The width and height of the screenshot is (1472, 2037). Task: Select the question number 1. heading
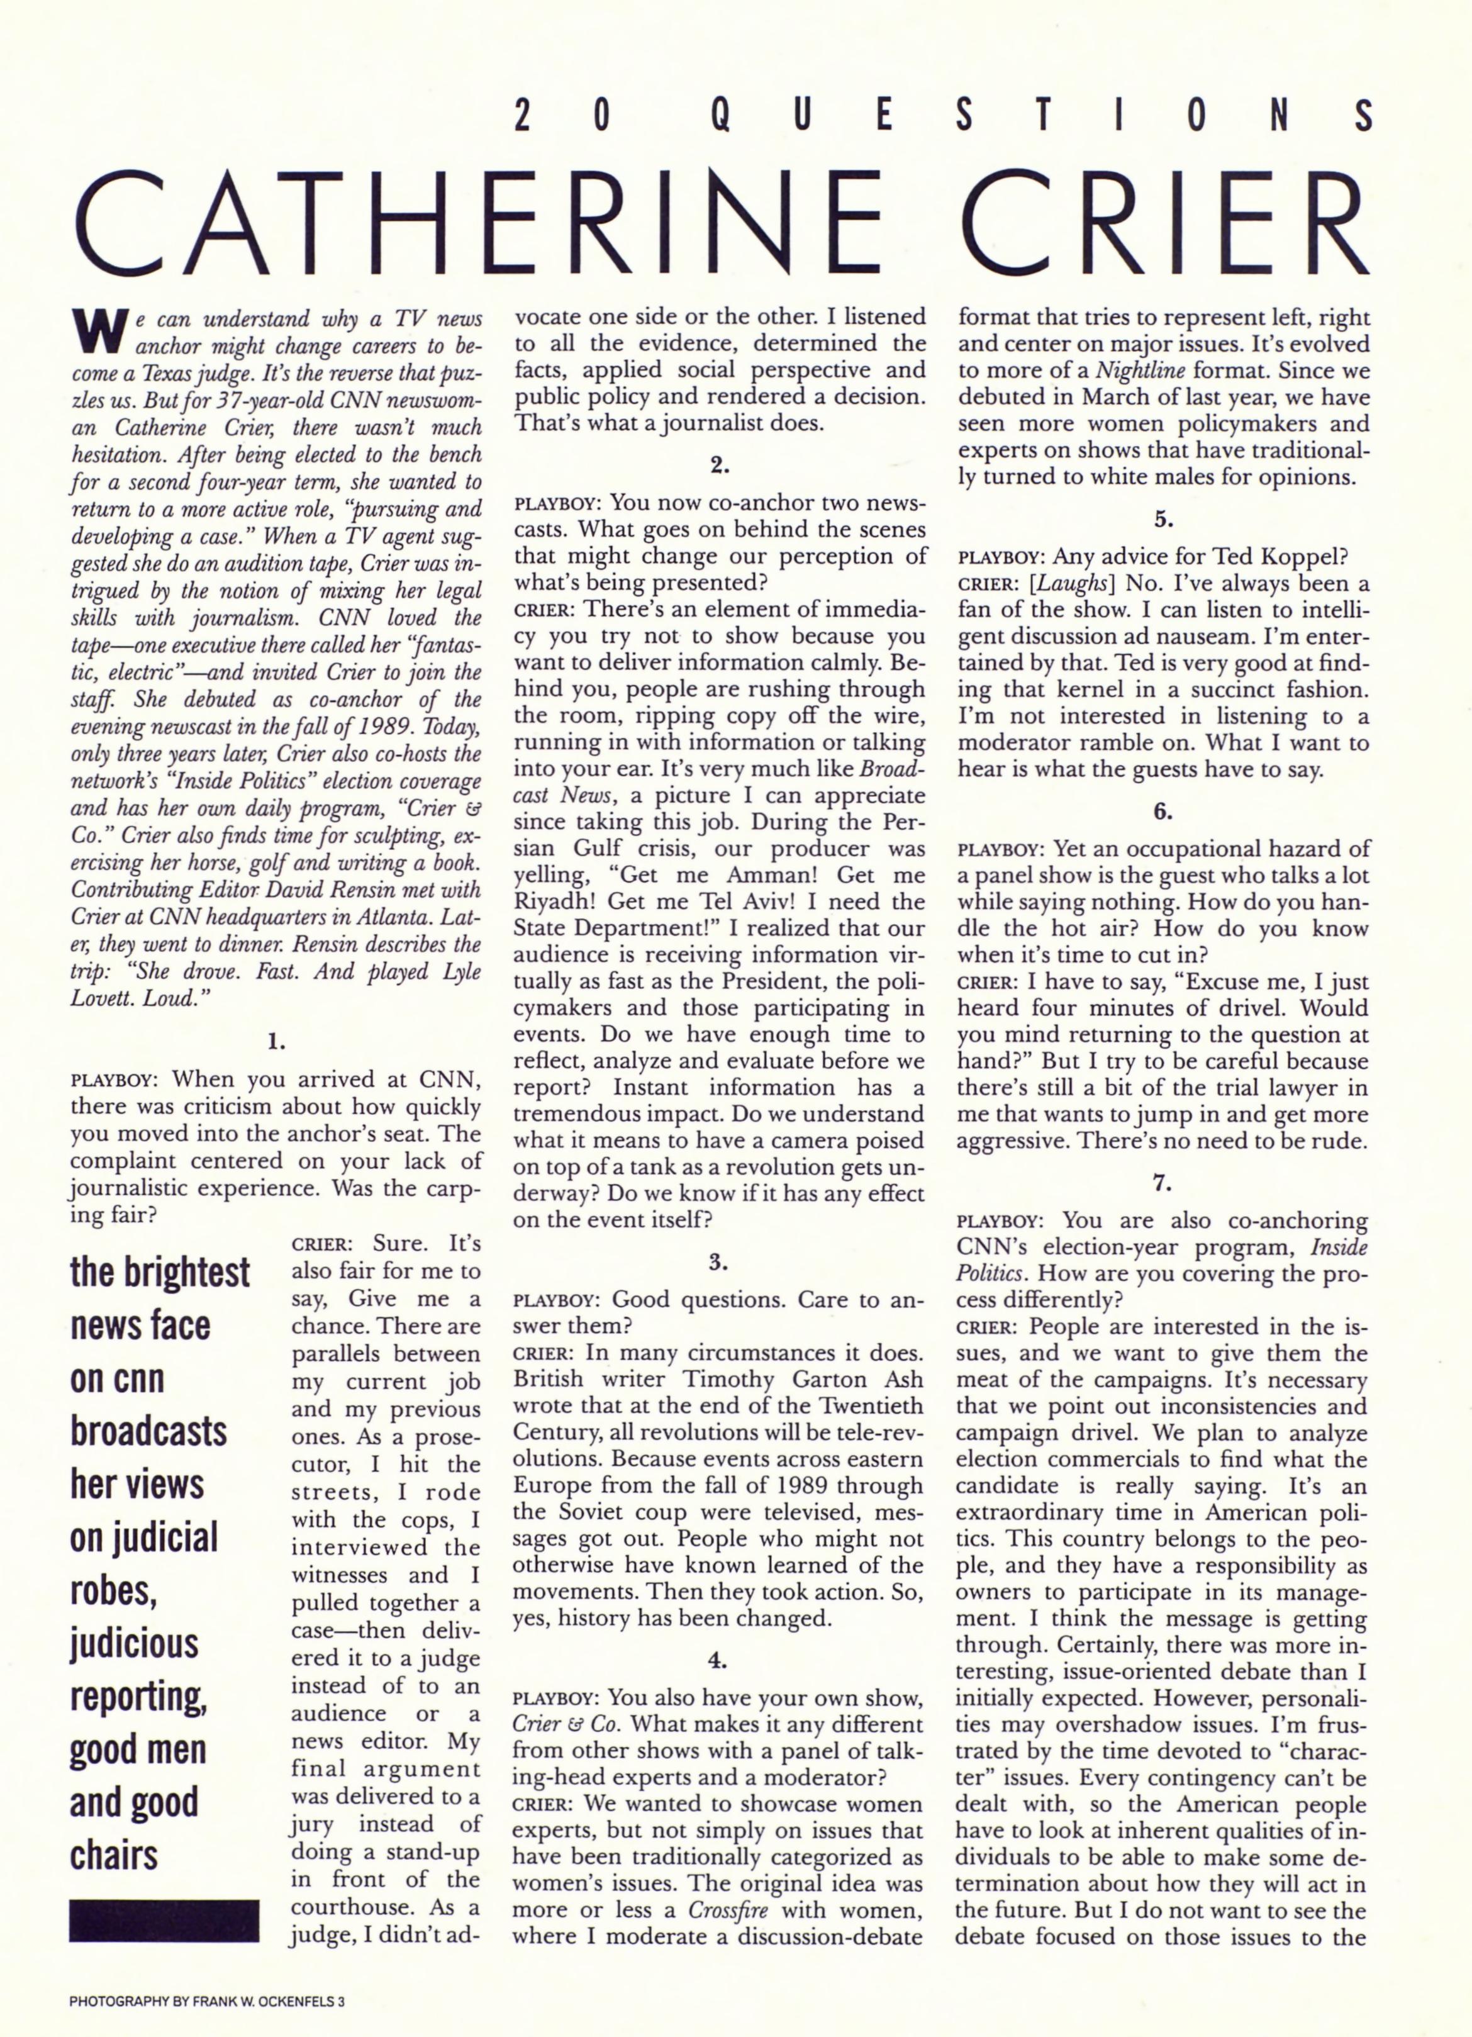276,1043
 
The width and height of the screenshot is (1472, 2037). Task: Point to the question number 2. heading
718,466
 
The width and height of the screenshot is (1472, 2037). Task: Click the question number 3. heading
718,1262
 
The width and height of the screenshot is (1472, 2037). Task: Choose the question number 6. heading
1163,812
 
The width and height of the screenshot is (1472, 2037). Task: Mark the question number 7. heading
1163,1184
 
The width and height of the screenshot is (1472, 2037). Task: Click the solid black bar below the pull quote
164,1920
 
